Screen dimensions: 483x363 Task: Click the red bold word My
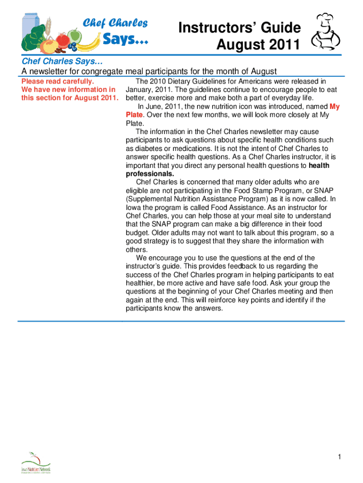coord(334,107)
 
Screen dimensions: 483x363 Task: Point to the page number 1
coord(339,457)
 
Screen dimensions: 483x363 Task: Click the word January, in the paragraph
coord(140,90)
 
